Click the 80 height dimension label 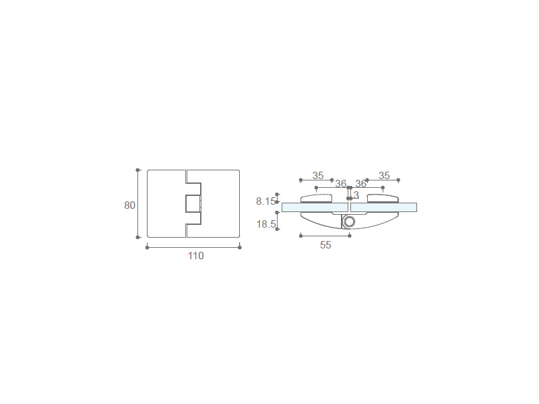click(x=129, y=205)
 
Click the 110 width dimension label click(x=195, y=256)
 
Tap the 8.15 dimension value click(x=265, y=201)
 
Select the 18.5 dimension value click(x=265, y=224)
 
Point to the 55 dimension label click(x=325, y=245)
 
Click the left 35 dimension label click(x=318, y=176)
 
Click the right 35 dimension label click(x=384, y=176)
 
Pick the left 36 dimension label click(x=341, y=184)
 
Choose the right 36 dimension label click(x=360, y=184)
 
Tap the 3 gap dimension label click(x=356, y=195)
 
